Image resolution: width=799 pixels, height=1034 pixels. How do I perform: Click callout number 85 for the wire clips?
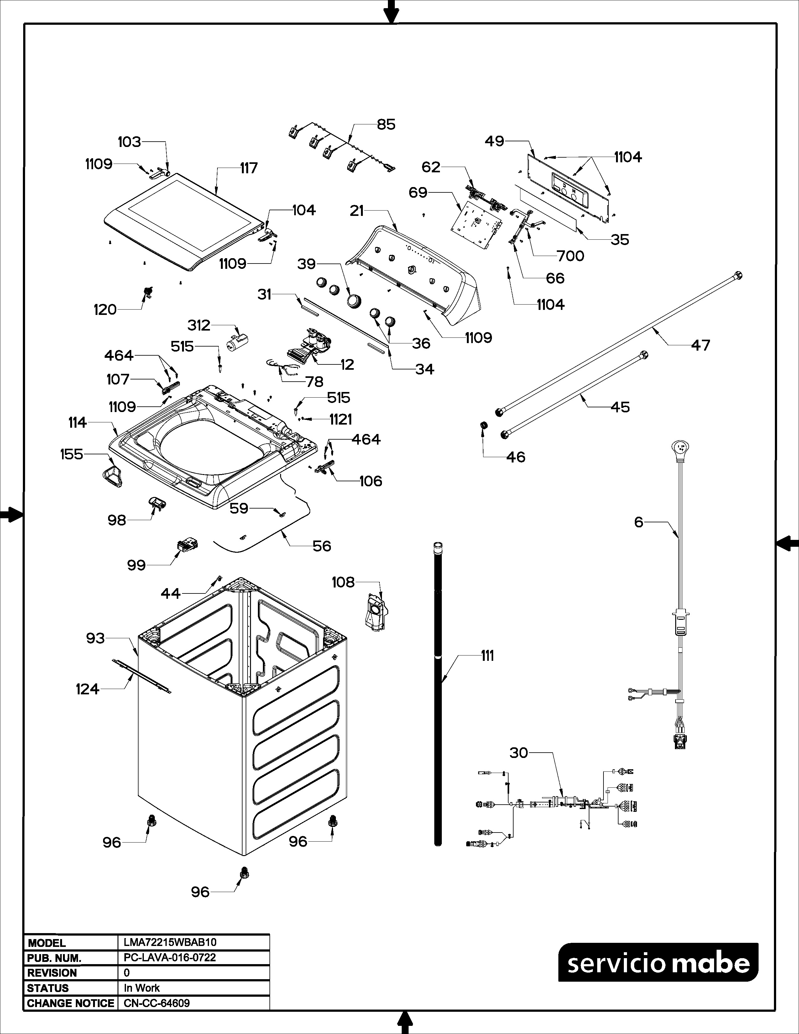pyautogui.click(x=386, y=124)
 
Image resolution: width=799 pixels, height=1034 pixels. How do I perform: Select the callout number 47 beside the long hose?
pyautogui.click(x=701, y=345)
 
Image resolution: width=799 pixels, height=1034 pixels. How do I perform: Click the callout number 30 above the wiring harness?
pyautogui.click(x=519, y=753)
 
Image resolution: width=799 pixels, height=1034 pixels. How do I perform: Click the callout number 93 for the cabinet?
pyautogui.click(x=95, y=638)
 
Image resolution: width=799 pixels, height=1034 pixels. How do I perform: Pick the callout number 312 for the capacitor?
pyautogui.click(x=199, y=325)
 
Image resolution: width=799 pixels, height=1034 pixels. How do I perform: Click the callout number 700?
pyautogui.click(x=570, y=256)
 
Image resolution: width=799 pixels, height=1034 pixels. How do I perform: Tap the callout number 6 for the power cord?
pyautogui.click(x=639, y=522)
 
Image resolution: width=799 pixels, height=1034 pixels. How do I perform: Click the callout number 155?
pyautogui.click(x=71, y=455)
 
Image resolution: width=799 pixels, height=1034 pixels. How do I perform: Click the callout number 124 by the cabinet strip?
pyautogui.click(x=87, y=689)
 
